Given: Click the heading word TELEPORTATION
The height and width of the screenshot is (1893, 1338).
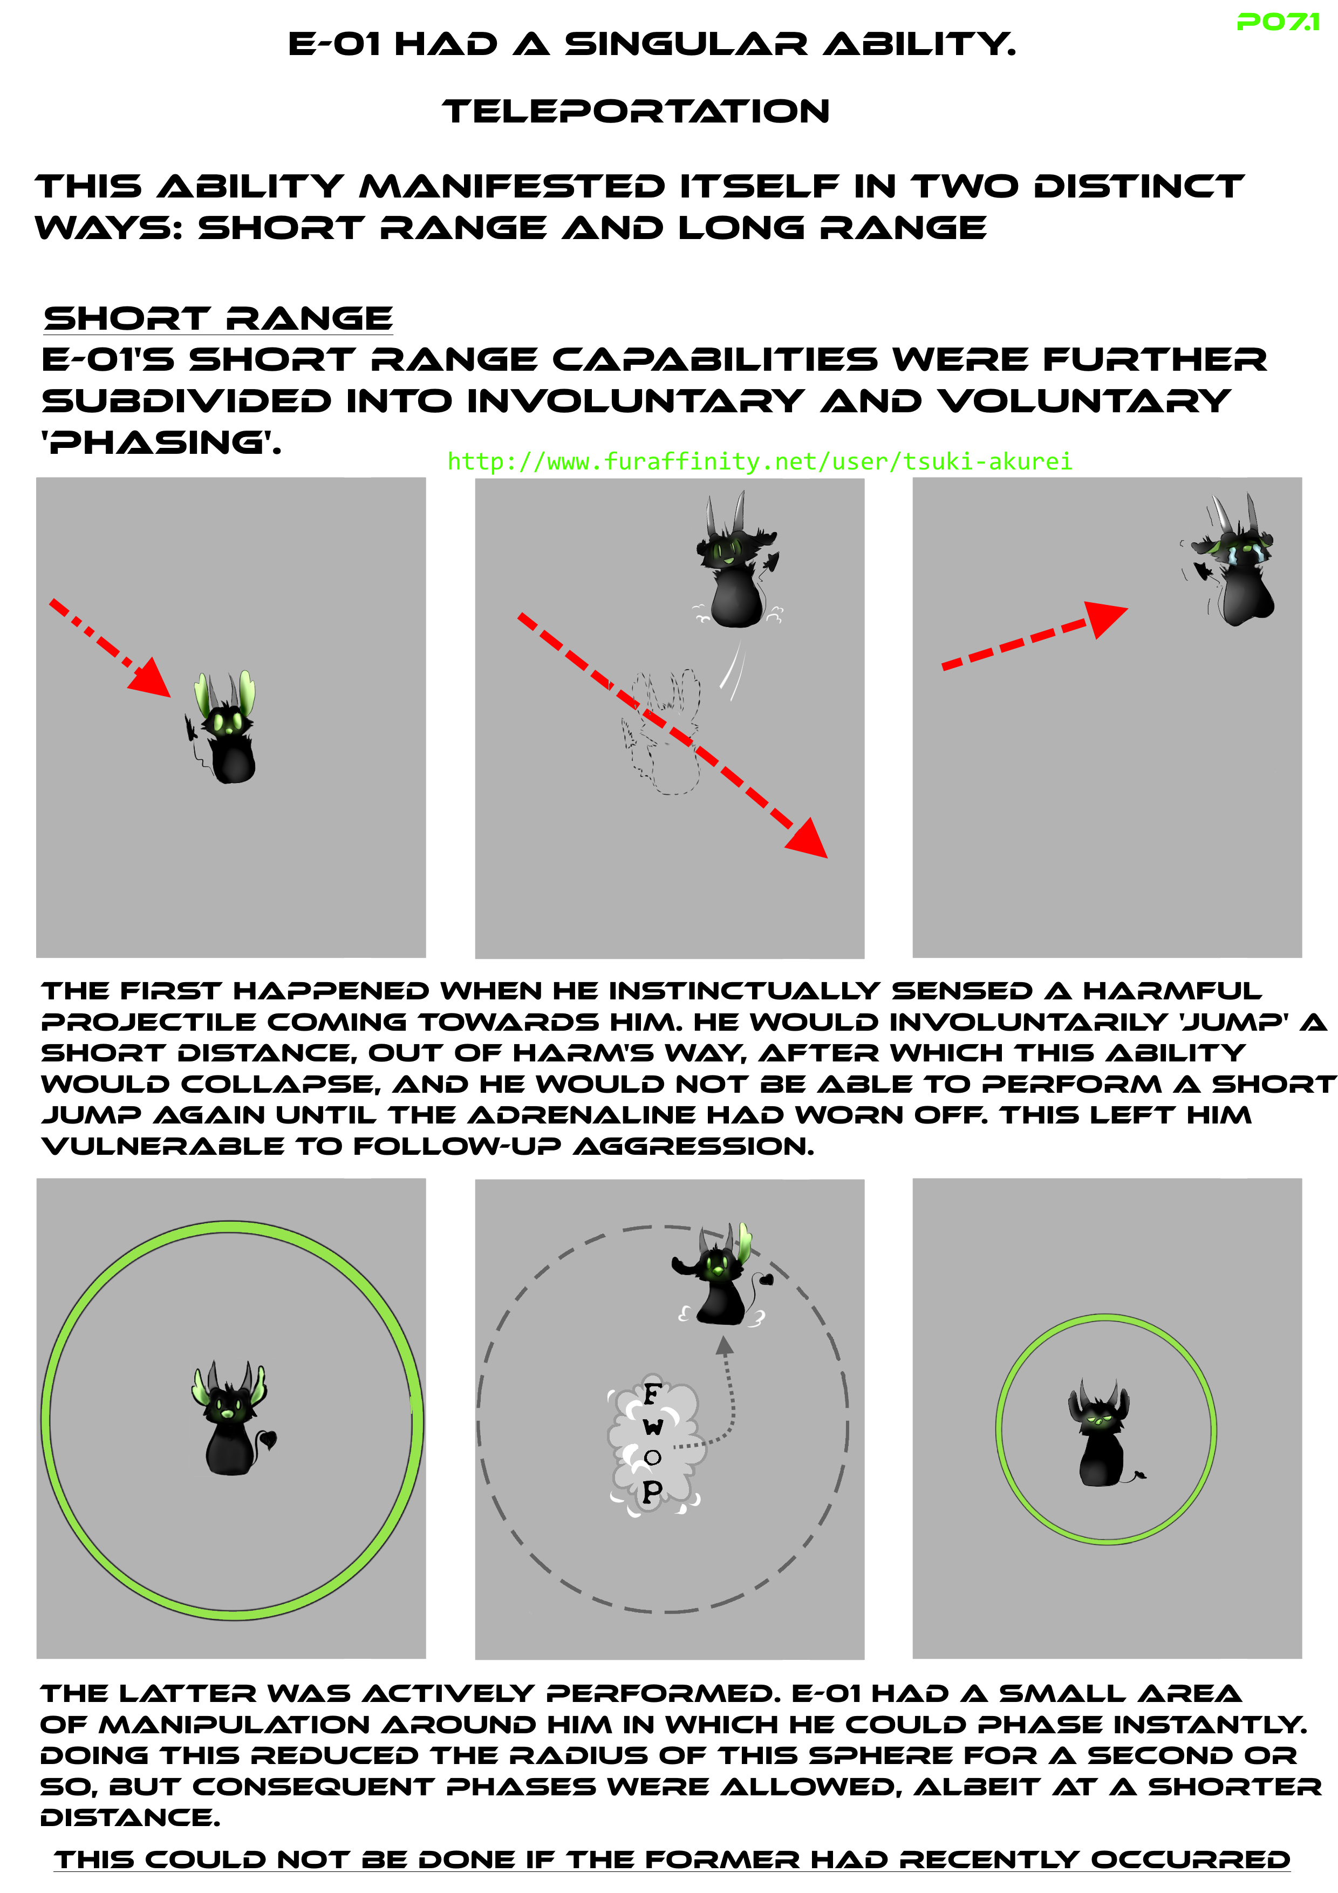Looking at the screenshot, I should [x=636, y=111].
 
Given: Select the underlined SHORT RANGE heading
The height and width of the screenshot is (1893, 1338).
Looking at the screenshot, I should [x=219, y=318].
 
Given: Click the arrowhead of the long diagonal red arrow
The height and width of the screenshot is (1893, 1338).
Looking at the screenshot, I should [x=808, y=839].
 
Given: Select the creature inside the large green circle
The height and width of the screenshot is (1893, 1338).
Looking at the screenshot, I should [x=230, y=1419].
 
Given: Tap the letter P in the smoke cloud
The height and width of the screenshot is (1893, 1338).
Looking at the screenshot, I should [x=651, y=1490].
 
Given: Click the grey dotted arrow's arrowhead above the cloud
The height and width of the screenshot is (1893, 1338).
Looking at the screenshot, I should [x=724, y=1345].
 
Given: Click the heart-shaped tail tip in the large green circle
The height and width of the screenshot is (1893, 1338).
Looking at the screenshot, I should [x=269, y=1439].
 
